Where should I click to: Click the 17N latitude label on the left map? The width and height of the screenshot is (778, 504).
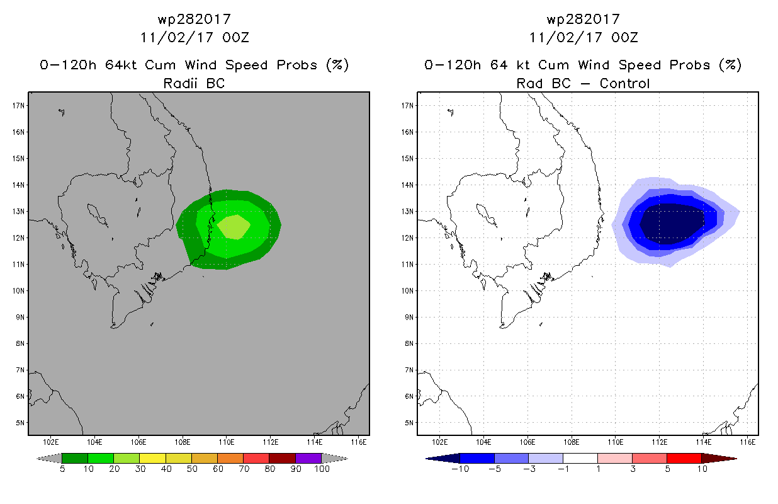[x=18, y=106]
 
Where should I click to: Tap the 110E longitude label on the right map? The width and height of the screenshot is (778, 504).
[x=615, y=442]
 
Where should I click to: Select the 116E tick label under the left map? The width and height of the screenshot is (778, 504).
[x=358, y=442]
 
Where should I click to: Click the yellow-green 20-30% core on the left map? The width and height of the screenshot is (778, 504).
[x=234, y=227]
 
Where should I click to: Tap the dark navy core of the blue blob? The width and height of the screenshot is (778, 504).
[x=672, y=224]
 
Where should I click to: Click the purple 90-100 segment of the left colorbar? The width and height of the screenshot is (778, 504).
[x=308, y=458]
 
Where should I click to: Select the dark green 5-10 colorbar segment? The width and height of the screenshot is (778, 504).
[x=75, y=458]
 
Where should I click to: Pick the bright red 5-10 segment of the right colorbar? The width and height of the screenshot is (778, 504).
[x=684, y=458]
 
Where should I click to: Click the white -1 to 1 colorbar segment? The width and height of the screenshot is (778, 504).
[x=580, y=458]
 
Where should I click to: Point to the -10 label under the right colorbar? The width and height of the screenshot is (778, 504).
[x=460, y=469]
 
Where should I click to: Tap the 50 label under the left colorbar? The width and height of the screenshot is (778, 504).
[x=192, y=469]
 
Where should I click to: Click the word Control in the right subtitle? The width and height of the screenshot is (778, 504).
[x=625, y=84]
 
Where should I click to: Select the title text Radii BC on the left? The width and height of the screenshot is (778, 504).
[x=194, y=84]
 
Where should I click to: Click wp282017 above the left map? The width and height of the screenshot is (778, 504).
[x=194, y=20]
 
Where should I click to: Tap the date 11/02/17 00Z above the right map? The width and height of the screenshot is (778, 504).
[x=583, y=38]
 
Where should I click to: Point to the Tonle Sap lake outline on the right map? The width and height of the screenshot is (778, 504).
[x=486, y=215]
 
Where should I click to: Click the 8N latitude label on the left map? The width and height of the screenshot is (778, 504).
[x=20, y=344]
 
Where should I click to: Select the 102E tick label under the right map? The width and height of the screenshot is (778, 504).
[x=439, y=442]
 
